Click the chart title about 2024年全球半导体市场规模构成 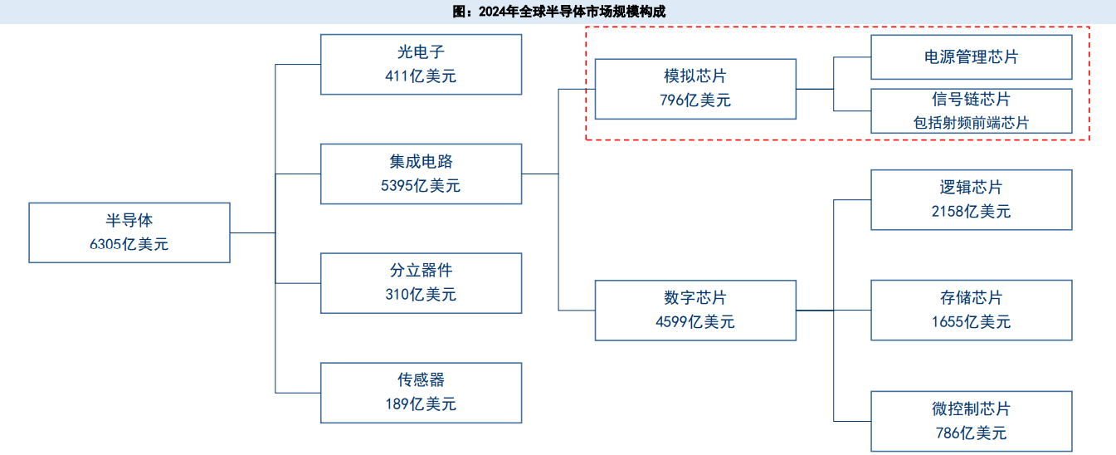[558, 11]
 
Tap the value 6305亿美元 [129, 244]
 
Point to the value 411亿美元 [421, 76]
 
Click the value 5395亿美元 [421, 186]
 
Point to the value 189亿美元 [421, 404]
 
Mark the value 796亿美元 [695, 100]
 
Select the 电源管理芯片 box [971, 57]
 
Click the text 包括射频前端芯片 [971, 123]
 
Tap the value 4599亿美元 [695, 322]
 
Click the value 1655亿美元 [971, 322]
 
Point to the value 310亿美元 [421, 295]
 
